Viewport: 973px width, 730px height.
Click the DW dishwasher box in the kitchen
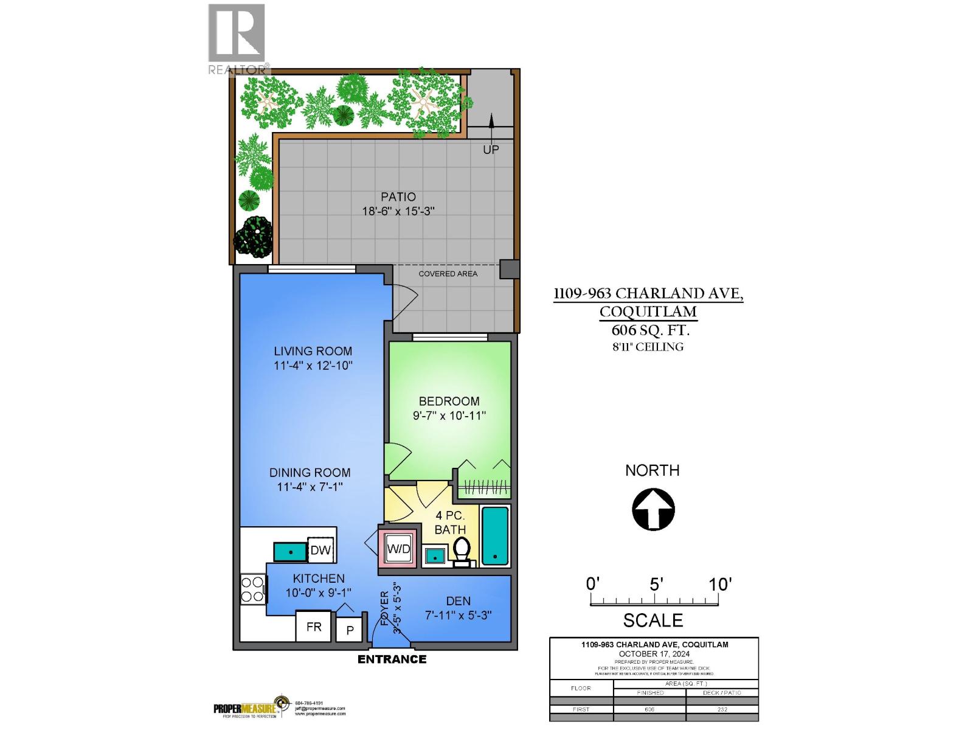tap(320, 551)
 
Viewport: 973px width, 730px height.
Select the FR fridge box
tap(314, 627)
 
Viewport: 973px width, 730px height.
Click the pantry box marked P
tap(350, 630)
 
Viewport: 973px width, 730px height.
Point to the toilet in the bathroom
tap(462, 551)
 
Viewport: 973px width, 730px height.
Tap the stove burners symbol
tap(252, 589)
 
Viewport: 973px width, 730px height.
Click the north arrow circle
tap(654, 509)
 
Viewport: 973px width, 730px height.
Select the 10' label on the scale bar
tap(719, 584)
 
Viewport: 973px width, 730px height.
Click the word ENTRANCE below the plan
tap(392, 659)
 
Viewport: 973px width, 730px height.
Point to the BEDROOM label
tap(449, 401)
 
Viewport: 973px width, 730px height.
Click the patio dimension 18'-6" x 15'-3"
tap(398, 212)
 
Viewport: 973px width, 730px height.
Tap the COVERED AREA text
tap(448, 274)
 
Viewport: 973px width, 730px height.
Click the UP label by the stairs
tap(491, 150)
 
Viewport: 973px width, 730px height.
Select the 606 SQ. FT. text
tap(649, 330)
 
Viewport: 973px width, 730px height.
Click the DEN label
tap(458, 601)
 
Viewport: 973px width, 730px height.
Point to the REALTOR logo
tap(238, 40)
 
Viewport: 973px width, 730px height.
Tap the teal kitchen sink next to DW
tap(289, 552)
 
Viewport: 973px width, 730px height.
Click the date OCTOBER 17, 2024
tap(654, 654)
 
